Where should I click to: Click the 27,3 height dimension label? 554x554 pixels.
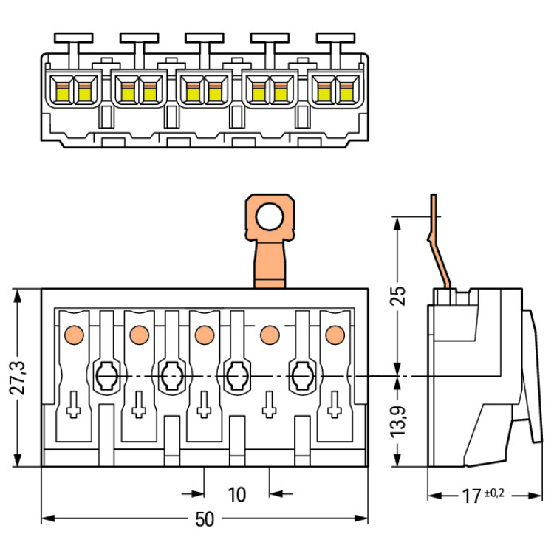pos(17,378)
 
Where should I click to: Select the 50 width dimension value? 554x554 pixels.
pos(205,519)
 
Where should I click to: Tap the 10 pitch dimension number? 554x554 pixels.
pos(236,495)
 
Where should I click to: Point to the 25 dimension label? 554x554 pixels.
pos(398,295)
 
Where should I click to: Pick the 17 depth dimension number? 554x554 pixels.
pos(472,496)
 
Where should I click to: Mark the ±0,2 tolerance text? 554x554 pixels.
pos(494,493)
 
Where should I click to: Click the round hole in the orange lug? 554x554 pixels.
pos(269,217)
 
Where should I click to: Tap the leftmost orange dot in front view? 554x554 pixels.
pos(74,335)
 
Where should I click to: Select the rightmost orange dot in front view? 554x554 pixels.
pos(335,335)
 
